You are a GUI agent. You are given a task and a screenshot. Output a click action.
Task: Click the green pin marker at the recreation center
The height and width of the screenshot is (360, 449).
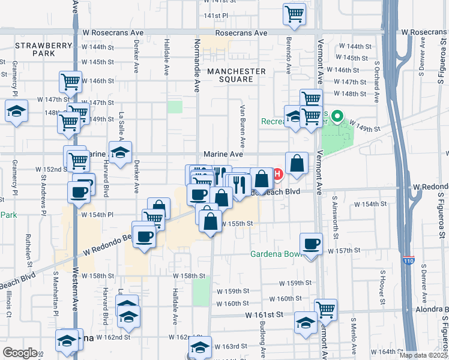(x=337, y=116)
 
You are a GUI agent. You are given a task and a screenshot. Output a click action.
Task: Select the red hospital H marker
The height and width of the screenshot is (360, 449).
(x=278, y=174)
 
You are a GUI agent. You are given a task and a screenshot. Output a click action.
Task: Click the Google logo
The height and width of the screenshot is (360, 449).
(x=20, y=353)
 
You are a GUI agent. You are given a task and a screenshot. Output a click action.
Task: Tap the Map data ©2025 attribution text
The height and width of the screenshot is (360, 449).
(x=423, y=355)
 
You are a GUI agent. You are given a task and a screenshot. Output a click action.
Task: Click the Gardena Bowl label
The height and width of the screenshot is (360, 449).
(x=276, y=253)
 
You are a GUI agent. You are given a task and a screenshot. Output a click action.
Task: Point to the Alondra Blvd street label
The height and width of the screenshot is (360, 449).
(x=427, y=310)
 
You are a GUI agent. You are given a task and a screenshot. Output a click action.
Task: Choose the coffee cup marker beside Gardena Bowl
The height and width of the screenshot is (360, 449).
(x=311, y=244)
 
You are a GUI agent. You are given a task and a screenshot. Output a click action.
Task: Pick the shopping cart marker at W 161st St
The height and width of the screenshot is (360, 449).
(x=325, y=310)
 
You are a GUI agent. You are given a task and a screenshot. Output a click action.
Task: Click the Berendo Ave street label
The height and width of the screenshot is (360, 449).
(x=289, y=58)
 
